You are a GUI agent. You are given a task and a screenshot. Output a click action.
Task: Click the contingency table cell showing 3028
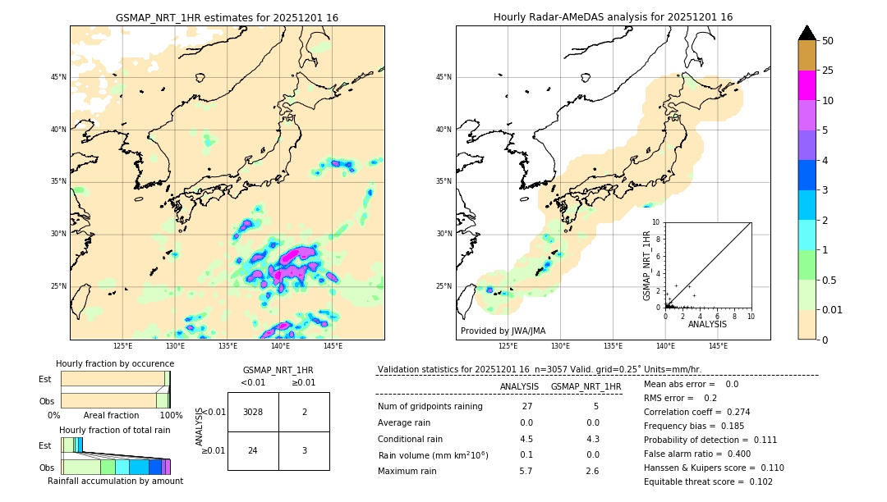tap(253, 412)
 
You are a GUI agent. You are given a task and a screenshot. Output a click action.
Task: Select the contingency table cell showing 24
tap(253, 450)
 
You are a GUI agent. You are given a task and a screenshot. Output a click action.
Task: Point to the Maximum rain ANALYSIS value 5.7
tap(526, 471)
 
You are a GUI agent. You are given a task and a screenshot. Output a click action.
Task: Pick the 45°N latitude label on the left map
tap(58, 77)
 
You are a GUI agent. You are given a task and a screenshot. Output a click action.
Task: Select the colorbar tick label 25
tap(828, 71)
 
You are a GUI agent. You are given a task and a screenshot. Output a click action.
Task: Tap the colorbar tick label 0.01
tap(833, 309)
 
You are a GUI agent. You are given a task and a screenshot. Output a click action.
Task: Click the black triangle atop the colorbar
tap(807, 33)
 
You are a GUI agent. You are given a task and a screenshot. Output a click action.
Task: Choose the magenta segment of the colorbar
tap(807, 85)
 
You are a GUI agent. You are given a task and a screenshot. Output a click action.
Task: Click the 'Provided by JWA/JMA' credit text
tap(503, 331)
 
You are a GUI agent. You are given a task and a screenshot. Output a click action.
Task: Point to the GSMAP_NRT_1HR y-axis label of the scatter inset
tap(647, 265)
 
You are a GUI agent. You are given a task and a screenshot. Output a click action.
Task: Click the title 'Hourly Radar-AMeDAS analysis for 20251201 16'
tap(613, 17)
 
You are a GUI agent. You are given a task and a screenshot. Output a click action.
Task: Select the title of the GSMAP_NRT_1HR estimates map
tap(227, 17)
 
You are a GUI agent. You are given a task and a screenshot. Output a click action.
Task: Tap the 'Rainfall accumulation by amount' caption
tap(115, 481)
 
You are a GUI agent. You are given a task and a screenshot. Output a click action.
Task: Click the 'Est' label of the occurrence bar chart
tap(45, 379)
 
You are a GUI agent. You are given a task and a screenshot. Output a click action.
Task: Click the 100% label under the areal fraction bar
tap(171, 415)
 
